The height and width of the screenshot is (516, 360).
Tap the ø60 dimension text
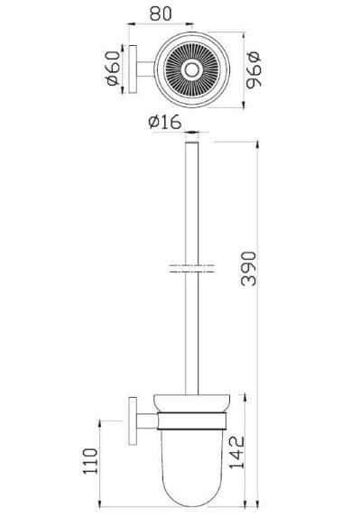(113, 69)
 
